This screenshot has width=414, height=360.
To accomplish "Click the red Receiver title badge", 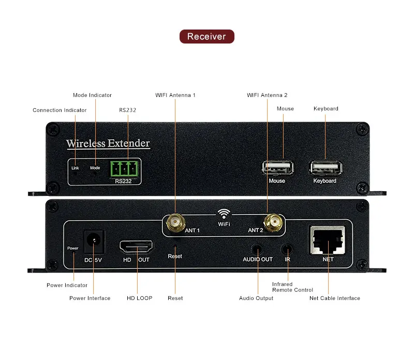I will (x=206, y=36).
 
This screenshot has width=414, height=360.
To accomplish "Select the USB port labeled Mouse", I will (x=277, y=169).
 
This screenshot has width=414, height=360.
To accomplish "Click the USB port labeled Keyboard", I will (x=326, y=168).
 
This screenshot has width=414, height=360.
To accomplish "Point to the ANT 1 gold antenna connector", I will (x=174, y=224).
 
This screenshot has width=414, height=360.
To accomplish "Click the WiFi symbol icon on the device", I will (x=224, y=214).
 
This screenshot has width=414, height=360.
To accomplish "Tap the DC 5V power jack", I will (x=94, y=240).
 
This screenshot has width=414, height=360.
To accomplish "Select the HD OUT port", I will (x=137, y=246).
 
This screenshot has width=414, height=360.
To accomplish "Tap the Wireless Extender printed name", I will (x=108, y=143).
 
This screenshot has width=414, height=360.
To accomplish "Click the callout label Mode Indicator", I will (x=92, y=95).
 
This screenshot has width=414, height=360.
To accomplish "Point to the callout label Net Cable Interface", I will (x=334, y=298).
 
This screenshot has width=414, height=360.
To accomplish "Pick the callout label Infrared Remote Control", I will (x=292, y=287).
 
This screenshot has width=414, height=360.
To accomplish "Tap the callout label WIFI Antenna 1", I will (x=175, y=95).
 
